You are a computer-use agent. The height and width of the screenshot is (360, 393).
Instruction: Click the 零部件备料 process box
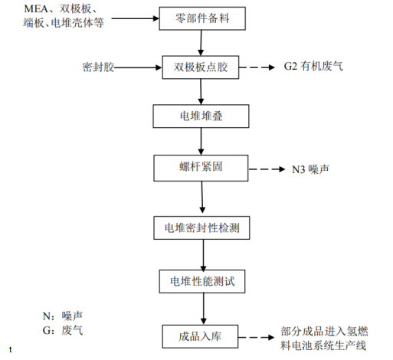[201, 18]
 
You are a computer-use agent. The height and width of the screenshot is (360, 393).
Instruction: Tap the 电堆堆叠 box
[201, 116]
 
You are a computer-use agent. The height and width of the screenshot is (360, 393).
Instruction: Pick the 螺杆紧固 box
[201, 166]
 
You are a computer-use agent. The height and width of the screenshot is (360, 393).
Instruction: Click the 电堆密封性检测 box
[202, 227]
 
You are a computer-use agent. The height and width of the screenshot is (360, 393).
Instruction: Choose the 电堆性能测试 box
[202, 281]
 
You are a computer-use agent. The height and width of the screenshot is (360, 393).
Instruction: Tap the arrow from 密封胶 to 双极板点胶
[139, 67]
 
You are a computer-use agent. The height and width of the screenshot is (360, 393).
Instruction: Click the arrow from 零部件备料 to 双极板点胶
[201, 42]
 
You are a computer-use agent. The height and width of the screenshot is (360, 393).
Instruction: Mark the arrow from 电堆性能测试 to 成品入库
[202, 308]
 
